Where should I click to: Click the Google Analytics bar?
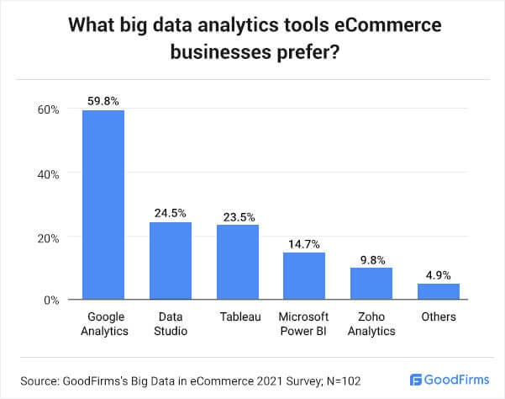pos(103,205)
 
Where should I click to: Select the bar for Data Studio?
pos(171,260)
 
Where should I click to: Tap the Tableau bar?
pos(237,262)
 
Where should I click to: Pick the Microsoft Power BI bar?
pos(304,275)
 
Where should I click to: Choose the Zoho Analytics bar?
pos(371,283)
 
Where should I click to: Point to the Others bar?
pos(439,291)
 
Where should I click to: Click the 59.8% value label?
pos(103,101)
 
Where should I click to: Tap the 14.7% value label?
pos(304,243)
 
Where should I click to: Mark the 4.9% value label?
pos(439,274)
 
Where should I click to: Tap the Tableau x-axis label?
pos(237,317)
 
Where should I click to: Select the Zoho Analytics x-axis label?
pos(371,323)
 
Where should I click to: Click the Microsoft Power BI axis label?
pos(304,323)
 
